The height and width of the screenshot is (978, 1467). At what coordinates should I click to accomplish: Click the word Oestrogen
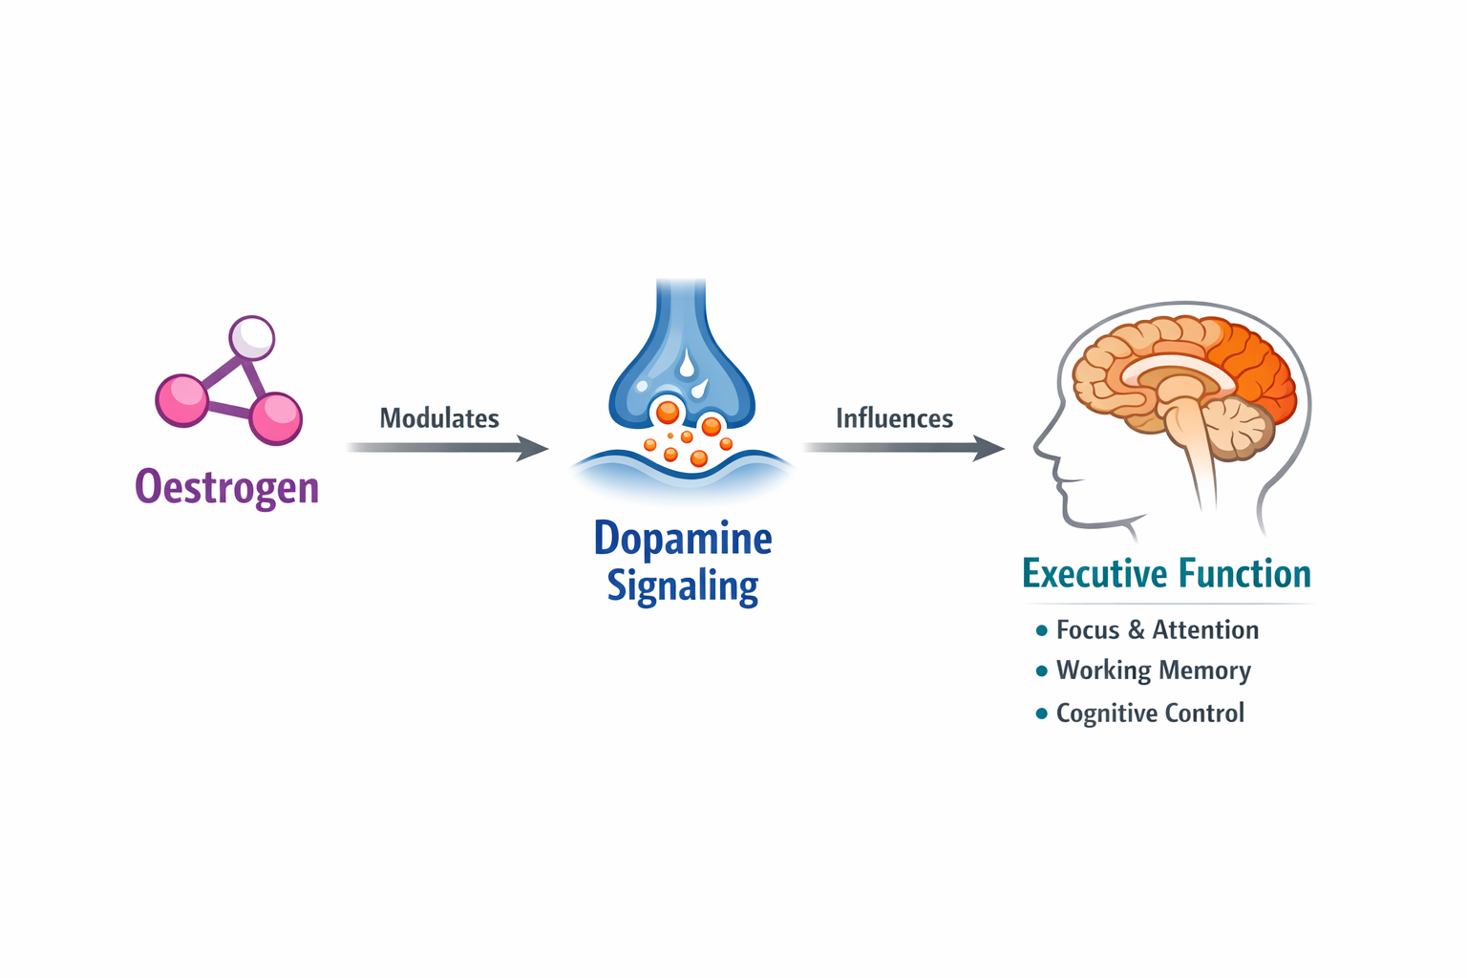(227, 487)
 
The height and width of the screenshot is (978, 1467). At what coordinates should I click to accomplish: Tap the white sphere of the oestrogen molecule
(252, 337)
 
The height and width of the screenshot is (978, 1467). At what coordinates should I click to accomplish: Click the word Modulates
(439, 418)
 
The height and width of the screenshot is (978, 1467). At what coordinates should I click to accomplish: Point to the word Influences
(894, 418)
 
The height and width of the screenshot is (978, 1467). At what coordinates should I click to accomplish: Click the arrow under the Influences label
(903, 447)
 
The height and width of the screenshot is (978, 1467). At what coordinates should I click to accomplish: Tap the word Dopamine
(682, 539)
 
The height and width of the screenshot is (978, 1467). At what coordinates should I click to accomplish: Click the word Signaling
(682, 585)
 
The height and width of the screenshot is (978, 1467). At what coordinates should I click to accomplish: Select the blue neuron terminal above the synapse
(682, 363)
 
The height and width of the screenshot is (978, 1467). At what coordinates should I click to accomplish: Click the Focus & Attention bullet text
(1157, 630)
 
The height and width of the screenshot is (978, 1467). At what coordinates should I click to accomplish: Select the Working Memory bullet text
(1153, 670)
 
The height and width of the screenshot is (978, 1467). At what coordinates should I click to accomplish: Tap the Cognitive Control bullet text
(1150, 713)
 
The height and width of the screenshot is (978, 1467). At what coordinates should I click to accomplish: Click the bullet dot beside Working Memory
(1041, 671)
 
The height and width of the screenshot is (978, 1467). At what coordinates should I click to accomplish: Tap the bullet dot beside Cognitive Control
(1041, 713)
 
